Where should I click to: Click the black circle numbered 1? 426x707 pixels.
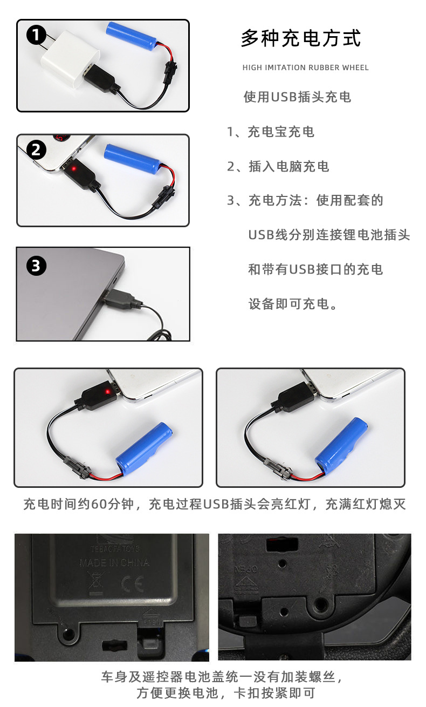(x=36, y=36)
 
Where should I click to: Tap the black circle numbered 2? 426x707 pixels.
(x=36, y=149)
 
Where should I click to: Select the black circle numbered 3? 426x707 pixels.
(x=36, y=266)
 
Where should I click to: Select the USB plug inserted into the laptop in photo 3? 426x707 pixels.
(x=117, y=299)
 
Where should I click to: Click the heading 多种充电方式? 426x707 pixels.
(x=300, y=39)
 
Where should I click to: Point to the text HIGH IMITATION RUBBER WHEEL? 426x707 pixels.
(x=306, y=68)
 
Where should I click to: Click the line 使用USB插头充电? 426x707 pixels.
(x=297, y=97)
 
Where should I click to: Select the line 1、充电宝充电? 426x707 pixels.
(x=270, y=132)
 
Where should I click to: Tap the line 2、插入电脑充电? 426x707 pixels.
(x=278, y=166)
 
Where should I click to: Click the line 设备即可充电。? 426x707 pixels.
(x=293, y=304)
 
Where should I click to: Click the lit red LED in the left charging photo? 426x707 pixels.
(x=107, y=391)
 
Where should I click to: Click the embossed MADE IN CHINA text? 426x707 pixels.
(x=114, y=562)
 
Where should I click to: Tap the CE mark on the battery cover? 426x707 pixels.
(x=131, y=584)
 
